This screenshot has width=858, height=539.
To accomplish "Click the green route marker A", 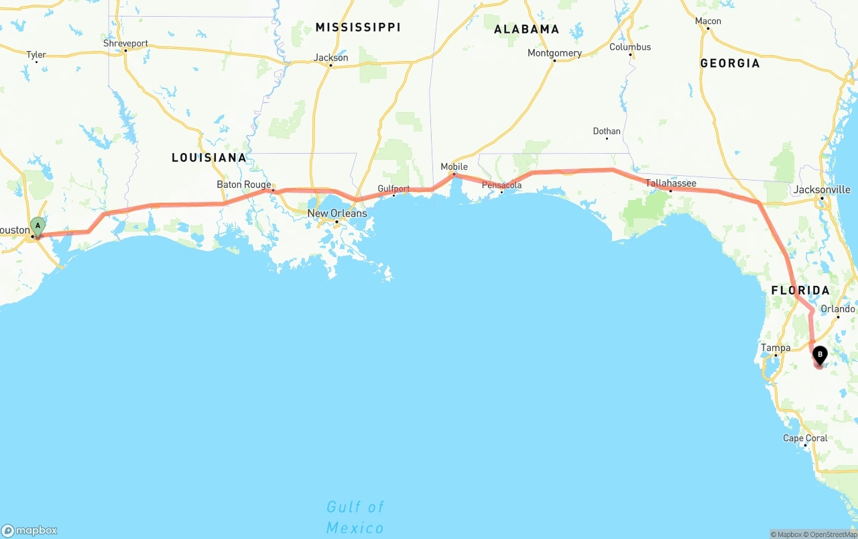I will [38, 226].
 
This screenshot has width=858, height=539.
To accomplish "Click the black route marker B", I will [820, 354].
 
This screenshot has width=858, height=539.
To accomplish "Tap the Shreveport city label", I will [125, 44].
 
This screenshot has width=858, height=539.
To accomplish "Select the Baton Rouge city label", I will [244, 185].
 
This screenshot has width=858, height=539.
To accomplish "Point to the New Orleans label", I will [337, 213].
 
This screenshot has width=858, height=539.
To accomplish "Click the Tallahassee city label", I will [670, 183].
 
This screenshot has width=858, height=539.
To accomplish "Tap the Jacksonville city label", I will [822, 190].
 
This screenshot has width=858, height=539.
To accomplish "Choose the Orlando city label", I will [838, 309].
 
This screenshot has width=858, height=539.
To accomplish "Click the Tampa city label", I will [776, 348].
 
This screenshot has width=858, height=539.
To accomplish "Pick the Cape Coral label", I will [805, 438].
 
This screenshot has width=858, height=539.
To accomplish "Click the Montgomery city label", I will [554, 53].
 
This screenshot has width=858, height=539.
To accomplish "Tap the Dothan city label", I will [607, 132].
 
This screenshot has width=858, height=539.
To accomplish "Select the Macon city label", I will [708, 21].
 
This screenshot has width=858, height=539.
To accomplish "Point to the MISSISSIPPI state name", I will [358, 28].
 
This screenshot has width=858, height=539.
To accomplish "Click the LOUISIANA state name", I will [209, 158].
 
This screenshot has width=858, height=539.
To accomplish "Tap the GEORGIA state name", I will [730, 64].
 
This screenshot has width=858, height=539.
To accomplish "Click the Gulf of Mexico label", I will [355, 517].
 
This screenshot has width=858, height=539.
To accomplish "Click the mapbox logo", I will [29, 530].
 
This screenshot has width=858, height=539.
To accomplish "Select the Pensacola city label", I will [501, 185].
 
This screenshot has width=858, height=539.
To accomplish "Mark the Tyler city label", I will [36, 55].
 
